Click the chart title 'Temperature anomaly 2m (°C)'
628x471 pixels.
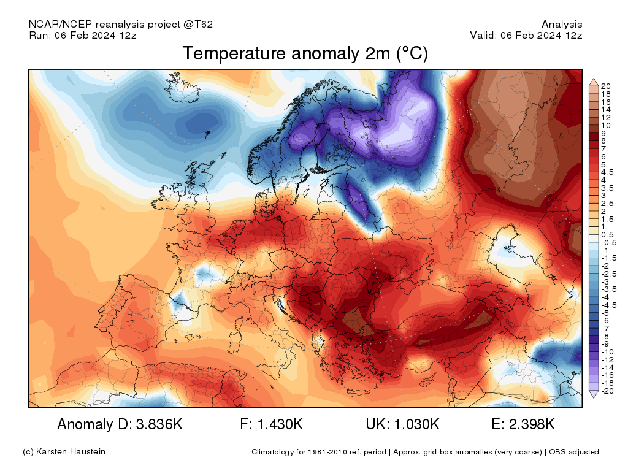(x=305, y=54)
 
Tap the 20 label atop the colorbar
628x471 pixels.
(x=606, y=86)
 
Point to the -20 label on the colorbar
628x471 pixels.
(x=607, y=391)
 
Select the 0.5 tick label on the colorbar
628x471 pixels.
(x=607, y=235)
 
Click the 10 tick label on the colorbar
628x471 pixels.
(x=606, y=125)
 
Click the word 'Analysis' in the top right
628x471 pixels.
(x=562, y=25)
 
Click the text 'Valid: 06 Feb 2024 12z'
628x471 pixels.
(x=526, y=35)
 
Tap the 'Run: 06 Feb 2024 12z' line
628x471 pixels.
(x=83, y=35)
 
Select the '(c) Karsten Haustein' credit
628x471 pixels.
(x=64, y=452)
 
